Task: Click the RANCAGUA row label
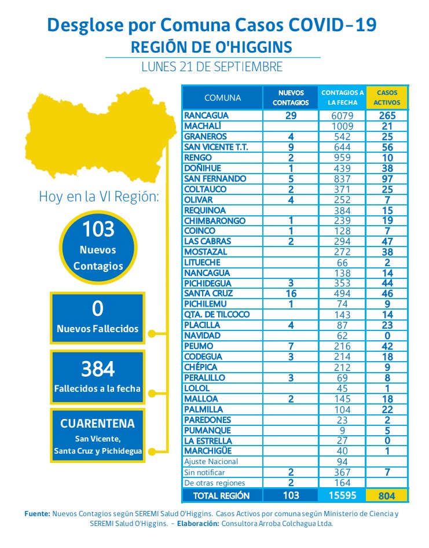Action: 206,116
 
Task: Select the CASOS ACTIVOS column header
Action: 387,98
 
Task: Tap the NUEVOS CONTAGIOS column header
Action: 291,98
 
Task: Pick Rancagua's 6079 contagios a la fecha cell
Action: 342,116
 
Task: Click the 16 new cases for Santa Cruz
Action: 291,294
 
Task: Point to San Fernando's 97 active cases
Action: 387,179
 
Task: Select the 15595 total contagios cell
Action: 342,495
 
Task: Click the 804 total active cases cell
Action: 387,495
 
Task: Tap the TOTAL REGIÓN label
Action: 222,495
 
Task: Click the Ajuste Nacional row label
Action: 211,462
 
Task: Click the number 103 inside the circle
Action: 98,230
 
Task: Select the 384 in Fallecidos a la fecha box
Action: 98,369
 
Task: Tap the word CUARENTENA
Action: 98,424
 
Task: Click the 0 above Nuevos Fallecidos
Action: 98,309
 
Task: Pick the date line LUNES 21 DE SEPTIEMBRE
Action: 212,67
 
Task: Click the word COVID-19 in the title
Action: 332,25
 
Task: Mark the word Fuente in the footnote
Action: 36,513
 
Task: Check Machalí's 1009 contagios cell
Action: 342,126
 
